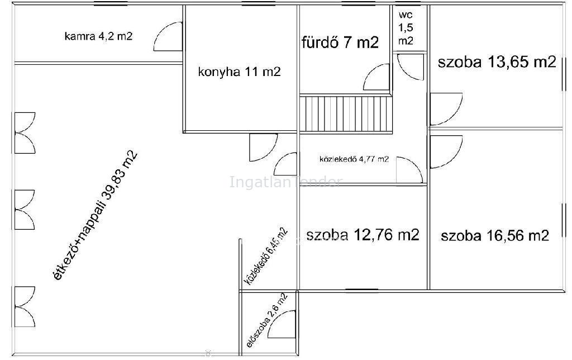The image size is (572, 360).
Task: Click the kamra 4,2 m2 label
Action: (98, 36)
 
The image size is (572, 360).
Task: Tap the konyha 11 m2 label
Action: (239, 72)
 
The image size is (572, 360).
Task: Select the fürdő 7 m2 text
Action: (340, 42)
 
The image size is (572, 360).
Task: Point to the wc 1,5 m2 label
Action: (406, 28)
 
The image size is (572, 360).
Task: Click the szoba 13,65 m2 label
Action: (497, 62)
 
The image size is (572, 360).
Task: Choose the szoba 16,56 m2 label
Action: (495, 235)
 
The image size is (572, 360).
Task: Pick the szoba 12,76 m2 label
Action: (363, 235)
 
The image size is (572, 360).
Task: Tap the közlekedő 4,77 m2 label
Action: (354, 159)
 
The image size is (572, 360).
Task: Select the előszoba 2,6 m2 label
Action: (268, 320)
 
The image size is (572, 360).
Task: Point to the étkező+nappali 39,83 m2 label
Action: (96, 215)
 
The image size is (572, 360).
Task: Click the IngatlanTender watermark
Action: (285, 182)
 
